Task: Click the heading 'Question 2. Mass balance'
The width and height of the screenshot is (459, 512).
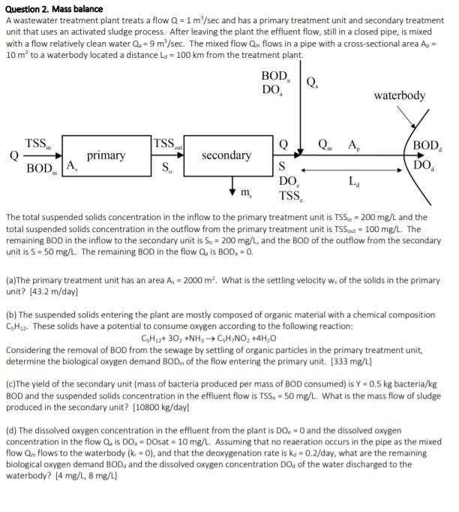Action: pos(52,8)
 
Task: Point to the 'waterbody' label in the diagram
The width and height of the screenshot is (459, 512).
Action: pos(399,95)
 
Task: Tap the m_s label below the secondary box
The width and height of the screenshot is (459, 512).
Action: pos(240,194)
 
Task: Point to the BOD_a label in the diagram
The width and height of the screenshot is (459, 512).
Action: pos(275,77)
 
